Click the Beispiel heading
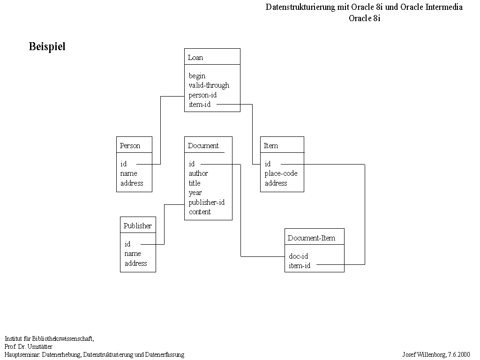(47, 46)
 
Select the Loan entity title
(195, 58)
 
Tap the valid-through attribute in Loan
(209, 85)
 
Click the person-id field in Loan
(202, 95)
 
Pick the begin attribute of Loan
(197, 76)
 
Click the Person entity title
(130, 146)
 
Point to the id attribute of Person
(123, 164)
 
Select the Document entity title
(203, 146)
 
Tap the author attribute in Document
(198, 173)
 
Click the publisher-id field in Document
(207, 202)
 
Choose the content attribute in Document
(200, 212)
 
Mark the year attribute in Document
(195, 193)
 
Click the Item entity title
(271, 146)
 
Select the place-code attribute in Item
(281, 173)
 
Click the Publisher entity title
(138, 226)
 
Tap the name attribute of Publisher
(133, 254)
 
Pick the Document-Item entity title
(311, 238)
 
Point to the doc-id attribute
(299, 256)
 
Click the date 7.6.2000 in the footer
(459, 354)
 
